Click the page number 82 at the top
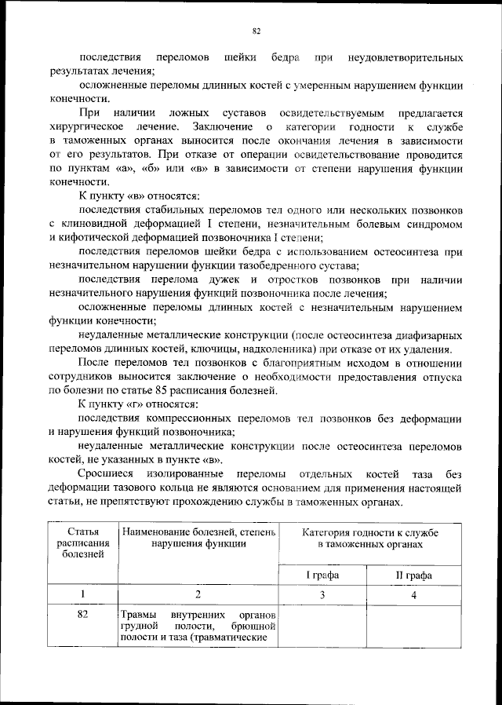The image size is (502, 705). pyautogui.click(x=256, y=31)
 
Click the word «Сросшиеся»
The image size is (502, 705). pyautogui.click(x=107, y=474)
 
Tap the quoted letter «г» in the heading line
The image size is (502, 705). pyautogui.click(x=133, y=404)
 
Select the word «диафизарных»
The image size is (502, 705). pyautogui.click(x=428, y=334)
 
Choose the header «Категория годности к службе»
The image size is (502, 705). pyautogui.click(x=370, y=539)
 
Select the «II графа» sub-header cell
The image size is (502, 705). pyautogui.click(x=414, y=575)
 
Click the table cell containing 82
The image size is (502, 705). pyautogui.click(x=82, y=615)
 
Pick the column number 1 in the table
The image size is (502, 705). pyautogui.click(x=82, y=594)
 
